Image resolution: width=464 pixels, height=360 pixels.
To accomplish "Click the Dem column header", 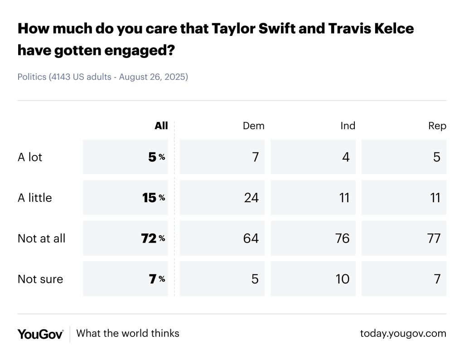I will (x=254, y=126).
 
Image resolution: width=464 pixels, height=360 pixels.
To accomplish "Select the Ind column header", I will (x=348, y=126).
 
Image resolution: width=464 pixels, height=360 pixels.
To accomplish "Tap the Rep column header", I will (x=437, y=126).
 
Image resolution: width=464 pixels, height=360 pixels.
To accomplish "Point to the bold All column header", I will (x=161, y=126).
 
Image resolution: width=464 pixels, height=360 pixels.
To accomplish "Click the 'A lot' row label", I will (x=30, y=157).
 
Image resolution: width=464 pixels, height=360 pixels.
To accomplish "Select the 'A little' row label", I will (x=35, y=198).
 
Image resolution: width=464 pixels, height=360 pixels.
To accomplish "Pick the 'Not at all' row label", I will (x=42, y=238).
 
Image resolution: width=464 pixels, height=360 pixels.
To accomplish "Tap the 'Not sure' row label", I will (x=40, y=279).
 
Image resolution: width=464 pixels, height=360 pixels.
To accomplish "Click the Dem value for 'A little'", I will (x=251, y=198).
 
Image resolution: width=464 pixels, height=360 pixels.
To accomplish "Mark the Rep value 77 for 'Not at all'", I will (x=434, y=238).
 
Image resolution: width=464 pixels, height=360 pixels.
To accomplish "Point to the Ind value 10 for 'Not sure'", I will (x=343, y=279).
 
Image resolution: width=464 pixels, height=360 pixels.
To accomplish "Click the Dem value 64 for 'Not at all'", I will (x=251, y=238).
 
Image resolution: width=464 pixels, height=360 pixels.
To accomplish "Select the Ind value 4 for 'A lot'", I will (x=346, y=157).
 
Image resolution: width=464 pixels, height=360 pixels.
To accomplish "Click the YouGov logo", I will (x=40, y=334).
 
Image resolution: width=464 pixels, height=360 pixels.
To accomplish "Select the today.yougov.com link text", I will (x=403, y=334).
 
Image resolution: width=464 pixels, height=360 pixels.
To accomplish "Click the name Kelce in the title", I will (x=388, y=29).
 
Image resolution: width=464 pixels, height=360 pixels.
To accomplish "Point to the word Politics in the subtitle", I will (x=32, y=77).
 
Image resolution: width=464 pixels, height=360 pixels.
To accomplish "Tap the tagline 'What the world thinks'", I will (x=128, y=333).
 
